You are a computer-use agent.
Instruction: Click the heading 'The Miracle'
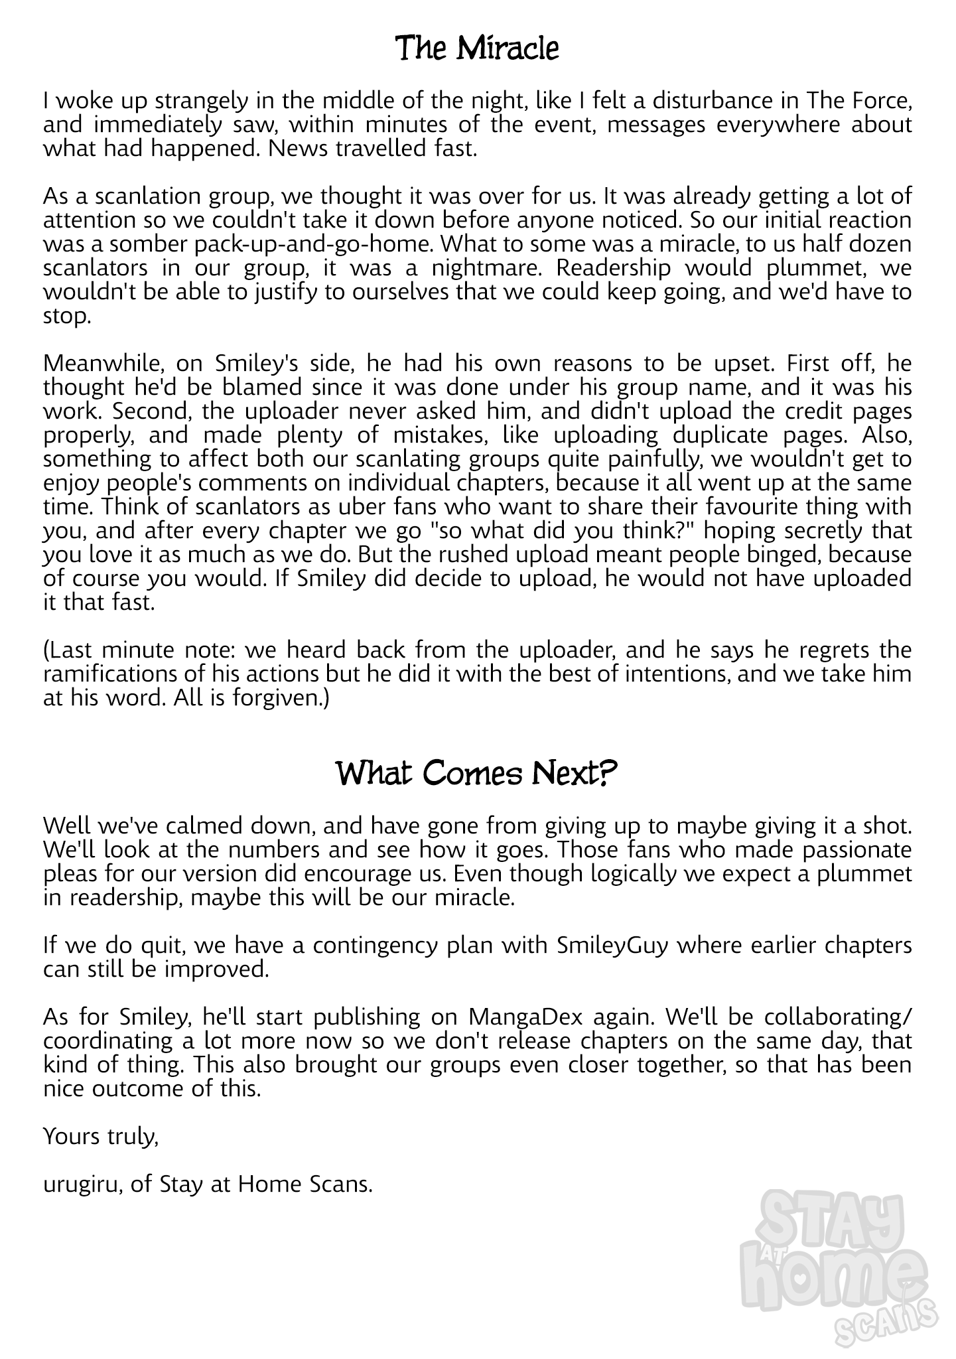(x=477, y=49)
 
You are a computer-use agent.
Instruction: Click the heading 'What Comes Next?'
(x=477, y=774)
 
